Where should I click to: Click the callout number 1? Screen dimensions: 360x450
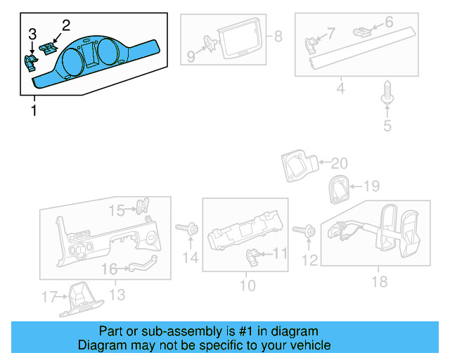33,111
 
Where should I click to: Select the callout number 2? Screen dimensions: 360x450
66,26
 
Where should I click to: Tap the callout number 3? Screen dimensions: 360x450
32,34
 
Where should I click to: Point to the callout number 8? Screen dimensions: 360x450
278,36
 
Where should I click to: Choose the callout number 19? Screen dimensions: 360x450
371,186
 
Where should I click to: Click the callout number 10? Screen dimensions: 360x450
247,285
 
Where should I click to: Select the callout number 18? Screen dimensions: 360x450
380,282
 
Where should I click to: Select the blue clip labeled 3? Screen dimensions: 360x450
30,64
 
